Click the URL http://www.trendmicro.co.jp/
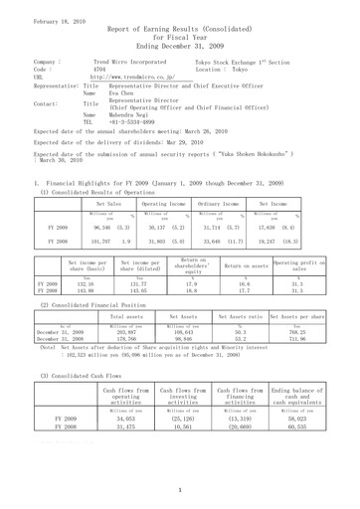point(134,76)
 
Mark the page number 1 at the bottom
point(179,490)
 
